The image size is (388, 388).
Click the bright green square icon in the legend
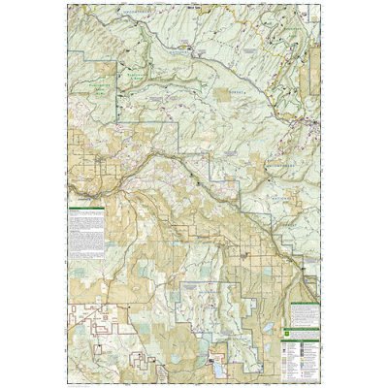click(x=286, y=332)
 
